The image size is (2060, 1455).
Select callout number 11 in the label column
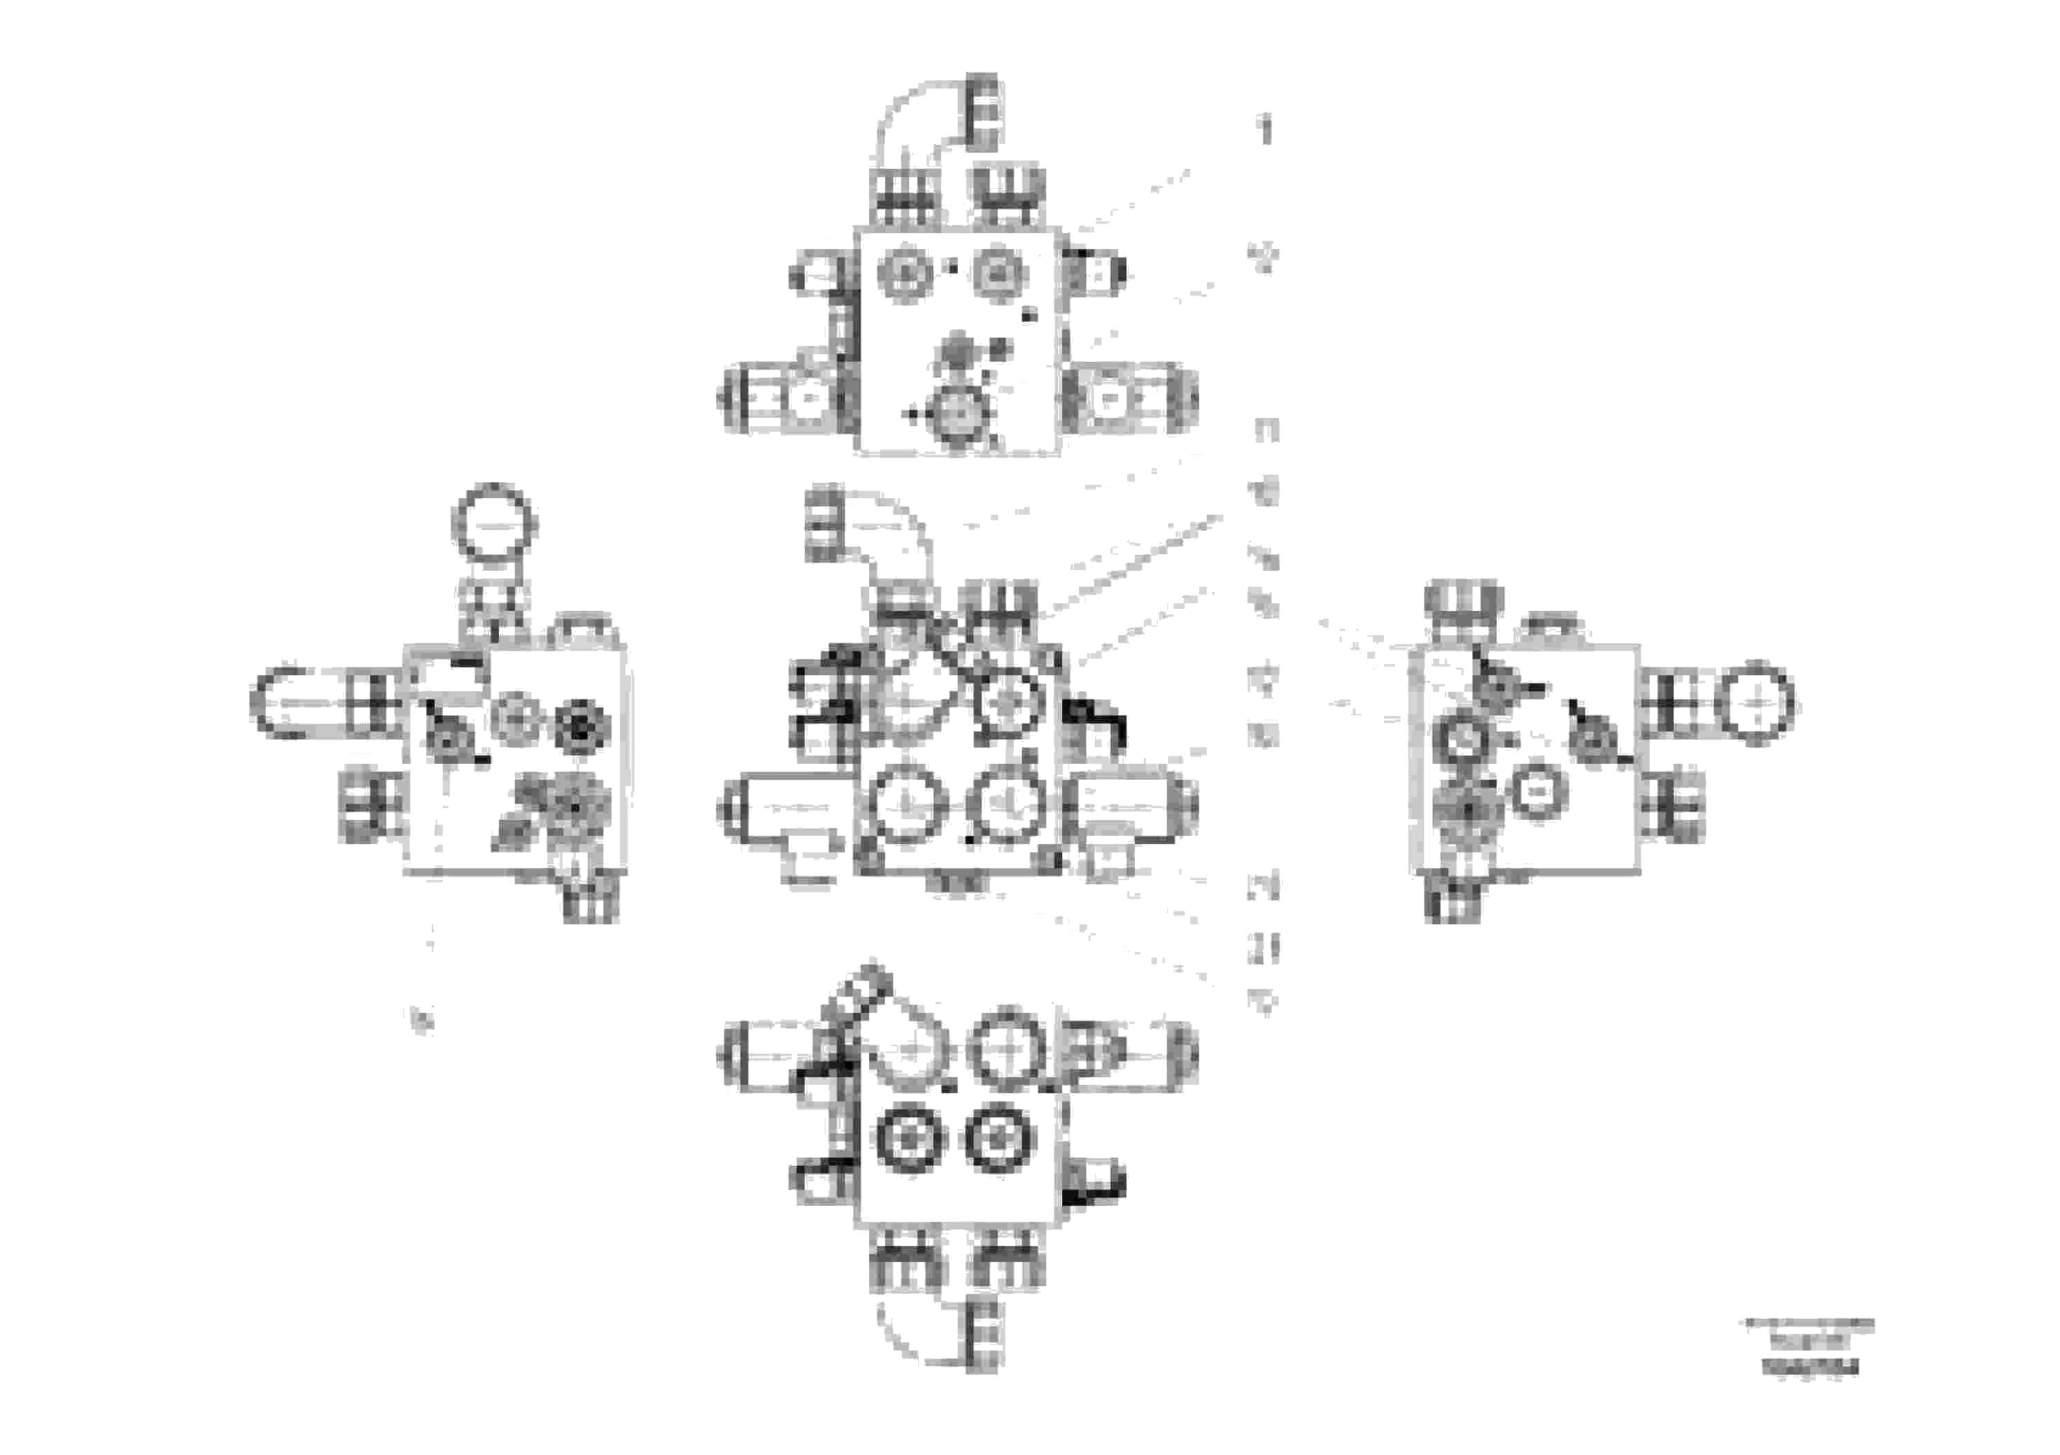[x=1266, y=430]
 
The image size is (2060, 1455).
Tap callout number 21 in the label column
[x=1264, y=948]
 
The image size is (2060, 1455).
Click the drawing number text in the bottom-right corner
[x=1810, y=1368]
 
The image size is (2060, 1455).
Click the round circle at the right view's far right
[x=1754, y=702]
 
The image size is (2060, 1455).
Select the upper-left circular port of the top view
[x=907, y=272]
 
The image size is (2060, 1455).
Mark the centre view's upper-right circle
[x=1008, y=702]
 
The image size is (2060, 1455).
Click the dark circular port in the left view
[x=581, y=726]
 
